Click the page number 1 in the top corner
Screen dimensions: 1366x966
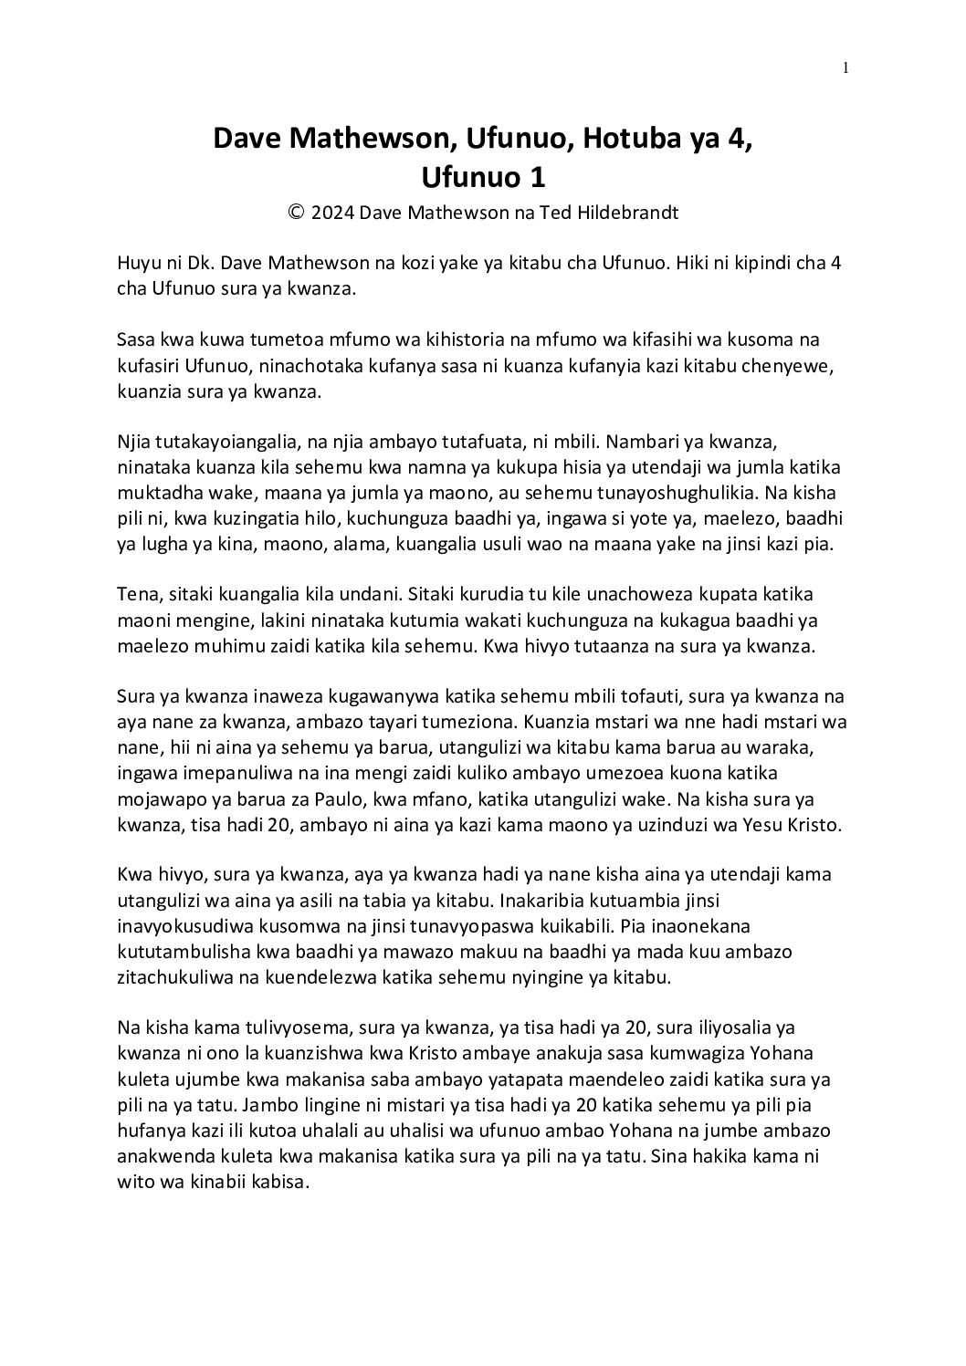click(846, 67)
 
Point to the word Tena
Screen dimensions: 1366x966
click(136, 594)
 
